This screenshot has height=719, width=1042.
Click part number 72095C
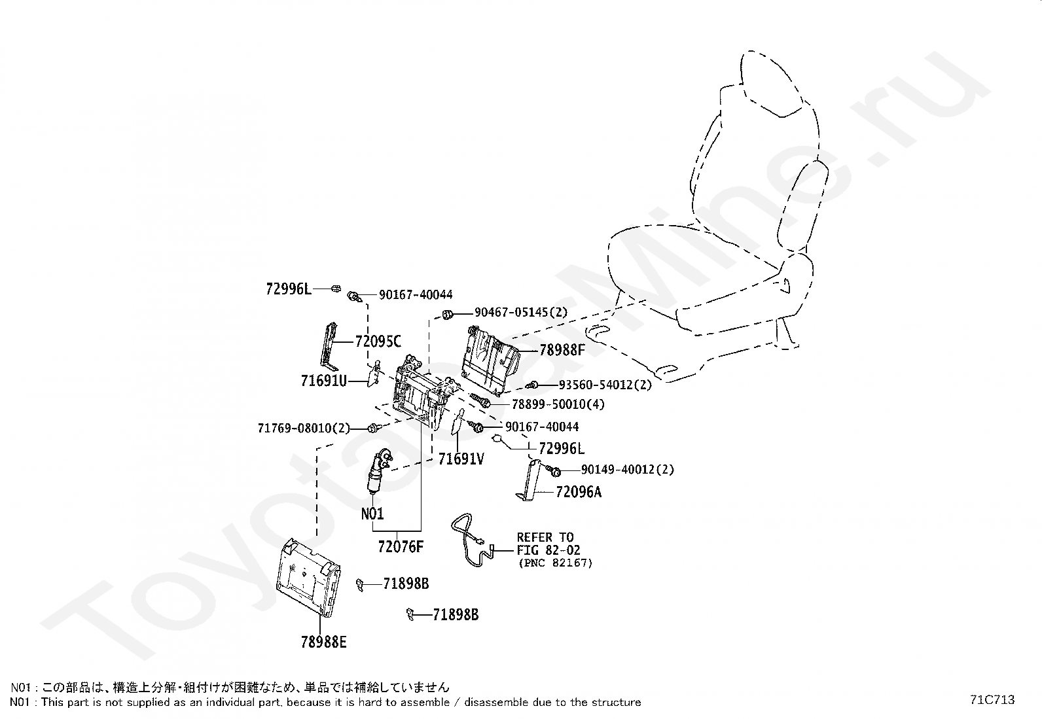pyautogui.click(x=378, y=342)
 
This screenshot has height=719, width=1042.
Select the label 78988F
pyautogui.click(x=562, y=350)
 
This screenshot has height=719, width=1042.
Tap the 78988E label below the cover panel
pyautogui.click(x=323, y=642)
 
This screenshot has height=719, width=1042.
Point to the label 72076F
pyautogui.click(x=401, y=547)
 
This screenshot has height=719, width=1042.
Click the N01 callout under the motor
pyautogui.click(x=372, y=514)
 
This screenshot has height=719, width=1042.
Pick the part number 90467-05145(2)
pyautogui.click(x=521, y=313)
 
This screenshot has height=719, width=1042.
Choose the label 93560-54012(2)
pyautogui.click(x=605, y=385)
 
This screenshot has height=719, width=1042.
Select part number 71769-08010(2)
pyautogui.click(x=304, y=429)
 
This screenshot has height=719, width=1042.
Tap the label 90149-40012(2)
pyautogui.click(x=627, y=470)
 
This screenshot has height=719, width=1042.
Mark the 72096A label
pyautogui.click(x=578, y=492)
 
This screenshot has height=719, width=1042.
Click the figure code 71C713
pyautogui.click(x=992, y=699)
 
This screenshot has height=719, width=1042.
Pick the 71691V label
pyautogui.click(x=461, y=459)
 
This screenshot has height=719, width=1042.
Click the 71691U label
pyautogui.click(x=323, y=380)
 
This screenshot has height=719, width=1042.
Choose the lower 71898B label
pyautogui.click(x=456, y=615)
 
